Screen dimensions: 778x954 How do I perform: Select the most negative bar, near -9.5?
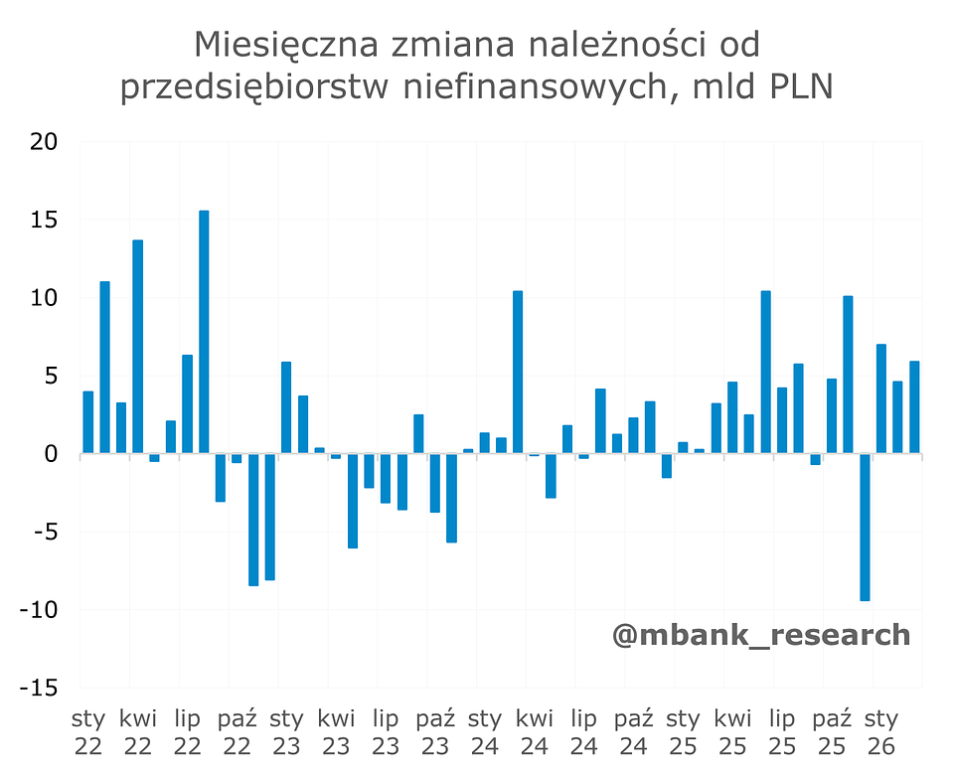865,527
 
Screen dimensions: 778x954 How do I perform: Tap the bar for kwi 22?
138,347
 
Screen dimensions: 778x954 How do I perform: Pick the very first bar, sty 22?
88,422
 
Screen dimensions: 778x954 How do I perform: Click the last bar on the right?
914,407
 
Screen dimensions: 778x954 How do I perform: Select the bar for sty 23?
286,407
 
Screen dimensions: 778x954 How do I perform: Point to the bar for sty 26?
881,398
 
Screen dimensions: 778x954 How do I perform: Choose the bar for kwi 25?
732,417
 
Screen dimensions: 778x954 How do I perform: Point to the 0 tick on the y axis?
52,454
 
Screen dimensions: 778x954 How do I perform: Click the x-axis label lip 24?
583,731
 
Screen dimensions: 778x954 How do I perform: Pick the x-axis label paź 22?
237,731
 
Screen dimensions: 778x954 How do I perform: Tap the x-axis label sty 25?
683,731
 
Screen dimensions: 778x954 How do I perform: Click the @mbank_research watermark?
761,634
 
